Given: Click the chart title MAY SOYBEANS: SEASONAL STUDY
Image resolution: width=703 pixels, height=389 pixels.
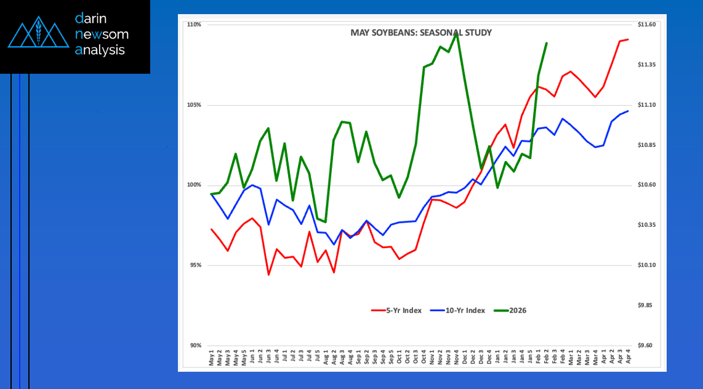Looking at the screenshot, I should [420, 33].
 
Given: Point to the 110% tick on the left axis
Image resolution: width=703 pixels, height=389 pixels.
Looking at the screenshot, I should [195, 25].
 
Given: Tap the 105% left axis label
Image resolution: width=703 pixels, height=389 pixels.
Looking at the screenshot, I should [195, 105].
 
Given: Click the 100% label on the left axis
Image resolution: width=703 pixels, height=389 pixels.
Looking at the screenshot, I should [195, 185].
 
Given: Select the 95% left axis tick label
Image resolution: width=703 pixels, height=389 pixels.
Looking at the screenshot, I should [196, 265].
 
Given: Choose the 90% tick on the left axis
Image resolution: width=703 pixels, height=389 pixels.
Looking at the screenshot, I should [196, 345].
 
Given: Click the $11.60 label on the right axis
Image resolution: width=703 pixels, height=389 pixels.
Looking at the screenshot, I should [648, 25].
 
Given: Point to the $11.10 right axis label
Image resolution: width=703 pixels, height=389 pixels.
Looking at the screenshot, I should [648, 105].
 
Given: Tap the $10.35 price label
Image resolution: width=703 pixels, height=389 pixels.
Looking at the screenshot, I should [648, 226].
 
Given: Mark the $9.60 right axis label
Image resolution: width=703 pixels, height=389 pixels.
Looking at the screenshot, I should [648, 345].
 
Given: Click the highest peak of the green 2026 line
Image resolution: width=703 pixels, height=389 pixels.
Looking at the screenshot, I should [456, 33].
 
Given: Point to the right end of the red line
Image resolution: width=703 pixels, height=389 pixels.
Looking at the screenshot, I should [628, 39].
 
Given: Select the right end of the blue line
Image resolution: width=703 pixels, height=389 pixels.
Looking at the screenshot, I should [628, 111].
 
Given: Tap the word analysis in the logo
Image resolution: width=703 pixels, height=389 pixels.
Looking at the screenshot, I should [100, 50].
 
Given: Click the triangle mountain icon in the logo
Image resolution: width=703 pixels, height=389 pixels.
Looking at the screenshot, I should [38, 34].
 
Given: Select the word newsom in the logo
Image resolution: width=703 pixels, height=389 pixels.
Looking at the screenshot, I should [102, 34].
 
